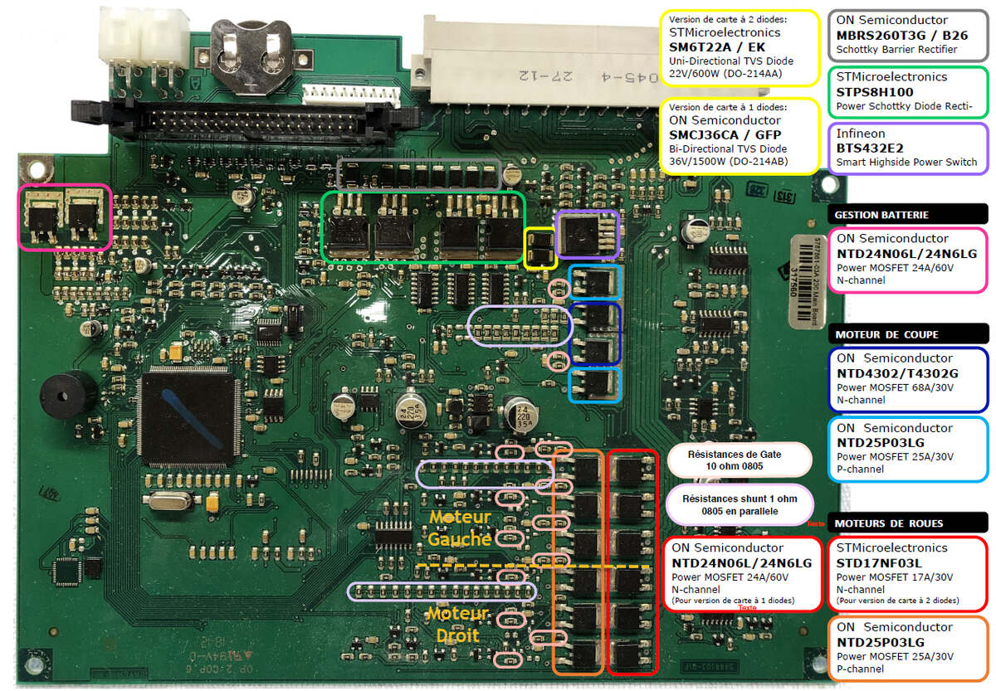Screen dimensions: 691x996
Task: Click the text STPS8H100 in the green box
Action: click(x=885, y=91)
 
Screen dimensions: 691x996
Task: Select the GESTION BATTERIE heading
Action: click(x=881, y=215)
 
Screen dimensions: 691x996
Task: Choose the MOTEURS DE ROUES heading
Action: click(x=889, y=523)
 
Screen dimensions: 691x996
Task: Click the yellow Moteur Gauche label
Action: click(x=460, y=528)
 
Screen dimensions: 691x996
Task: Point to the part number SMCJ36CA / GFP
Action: click(x=725, y=134)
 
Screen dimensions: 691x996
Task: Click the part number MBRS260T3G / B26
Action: click(x=901, y=36)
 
